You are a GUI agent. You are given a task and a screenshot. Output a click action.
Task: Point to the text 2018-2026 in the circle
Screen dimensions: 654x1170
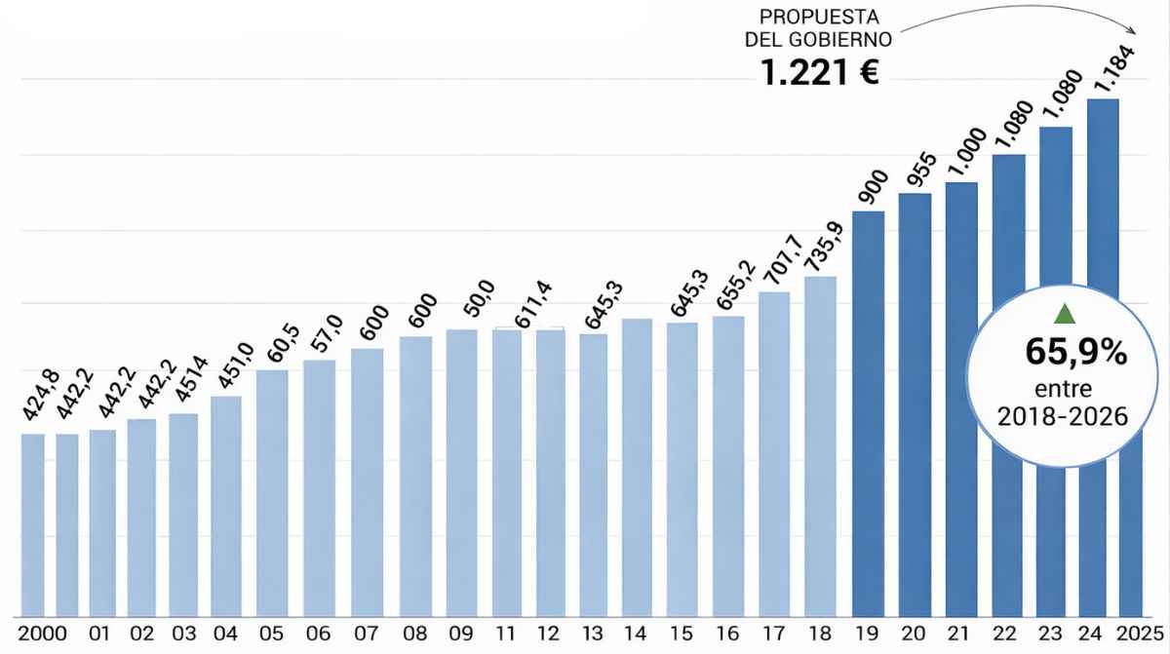coord(1063,417)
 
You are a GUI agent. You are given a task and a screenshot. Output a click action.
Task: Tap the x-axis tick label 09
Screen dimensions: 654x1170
coord(461,634)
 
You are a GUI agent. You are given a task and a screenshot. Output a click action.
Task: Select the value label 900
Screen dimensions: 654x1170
coord(868,186)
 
